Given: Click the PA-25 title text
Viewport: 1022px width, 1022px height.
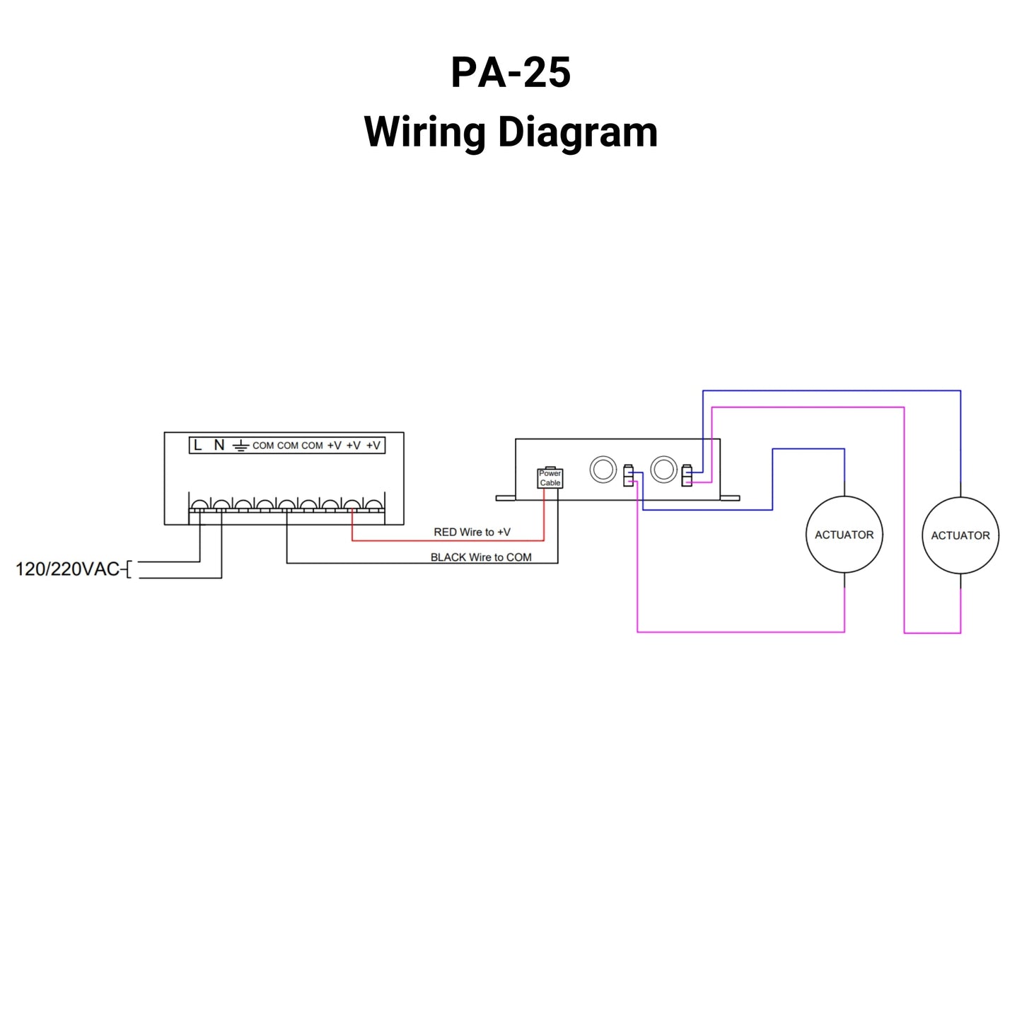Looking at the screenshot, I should coord(511,72).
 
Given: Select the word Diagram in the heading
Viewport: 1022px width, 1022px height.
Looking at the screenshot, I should coord(577,132).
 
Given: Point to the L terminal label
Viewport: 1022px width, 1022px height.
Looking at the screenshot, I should coord(198,445).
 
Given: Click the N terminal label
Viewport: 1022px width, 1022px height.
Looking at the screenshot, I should coord(219,445).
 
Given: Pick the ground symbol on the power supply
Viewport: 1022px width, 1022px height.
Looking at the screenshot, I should coord(241,446).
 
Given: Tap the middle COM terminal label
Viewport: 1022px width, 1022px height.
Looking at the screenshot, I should coord(288,446).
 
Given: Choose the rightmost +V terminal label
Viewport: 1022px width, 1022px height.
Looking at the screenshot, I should coord(373,445).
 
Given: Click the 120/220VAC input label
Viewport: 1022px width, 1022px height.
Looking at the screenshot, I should coord(68,569).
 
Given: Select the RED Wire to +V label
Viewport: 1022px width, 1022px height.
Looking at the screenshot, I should coord(472,532).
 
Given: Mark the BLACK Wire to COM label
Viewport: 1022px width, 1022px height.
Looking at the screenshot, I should coord(481,557).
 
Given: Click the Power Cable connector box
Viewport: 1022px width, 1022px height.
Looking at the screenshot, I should coord(550,478).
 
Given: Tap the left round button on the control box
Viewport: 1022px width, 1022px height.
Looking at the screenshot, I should coord(603,469).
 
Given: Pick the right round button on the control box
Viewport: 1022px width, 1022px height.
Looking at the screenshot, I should coord(663,469).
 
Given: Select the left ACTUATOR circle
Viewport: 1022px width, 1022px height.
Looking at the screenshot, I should coord(844,535).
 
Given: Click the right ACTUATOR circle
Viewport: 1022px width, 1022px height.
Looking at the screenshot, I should coord(960,535).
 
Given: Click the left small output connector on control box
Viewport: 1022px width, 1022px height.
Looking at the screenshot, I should coord(628,475).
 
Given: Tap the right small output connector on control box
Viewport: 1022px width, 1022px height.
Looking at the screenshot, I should coord(686,475).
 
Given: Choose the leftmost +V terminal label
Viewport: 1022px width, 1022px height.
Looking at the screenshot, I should coord(334,445).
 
